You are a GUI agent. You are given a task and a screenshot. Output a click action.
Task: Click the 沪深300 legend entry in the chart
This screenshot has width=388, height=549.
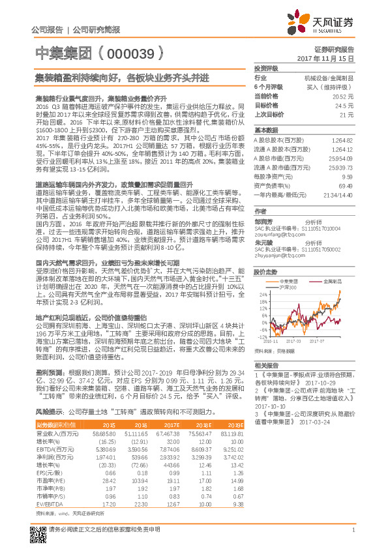pyautogui.click(x=288, y=287)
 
